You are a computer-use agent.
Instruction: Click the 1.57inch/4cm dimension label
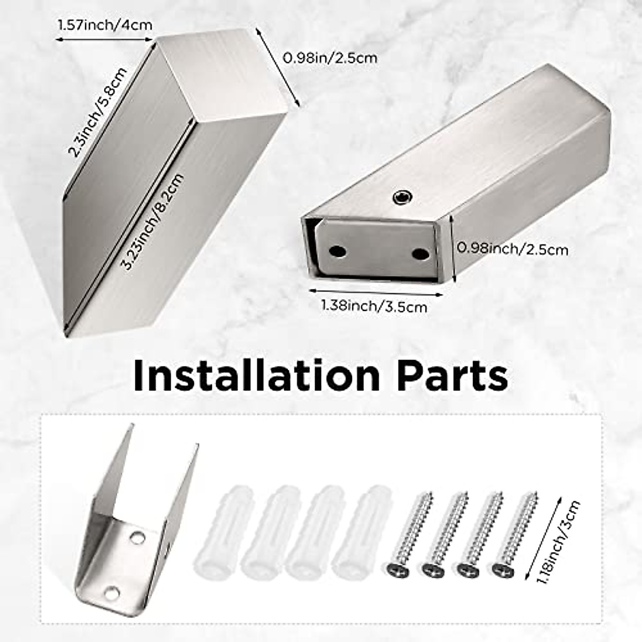(105, 25)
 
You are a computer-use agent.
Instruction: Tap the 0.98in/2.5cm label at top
(330, 58)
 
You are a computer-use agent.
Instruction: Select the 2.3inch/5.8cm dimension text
(98, 112)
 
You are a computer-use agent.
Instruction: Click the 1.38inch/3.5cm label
(374, 306)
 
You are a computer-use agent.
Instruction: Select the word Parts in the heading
(454, 376)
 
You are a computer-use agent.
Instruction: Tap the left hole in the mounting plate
(337, 250)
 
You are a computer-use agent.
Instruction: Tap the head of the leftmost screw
(397, 570)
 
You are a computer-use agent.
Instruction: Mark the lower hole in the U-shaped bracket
(112, 592)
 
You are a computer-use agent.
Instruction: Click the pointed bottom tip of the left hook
(66, 334)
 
